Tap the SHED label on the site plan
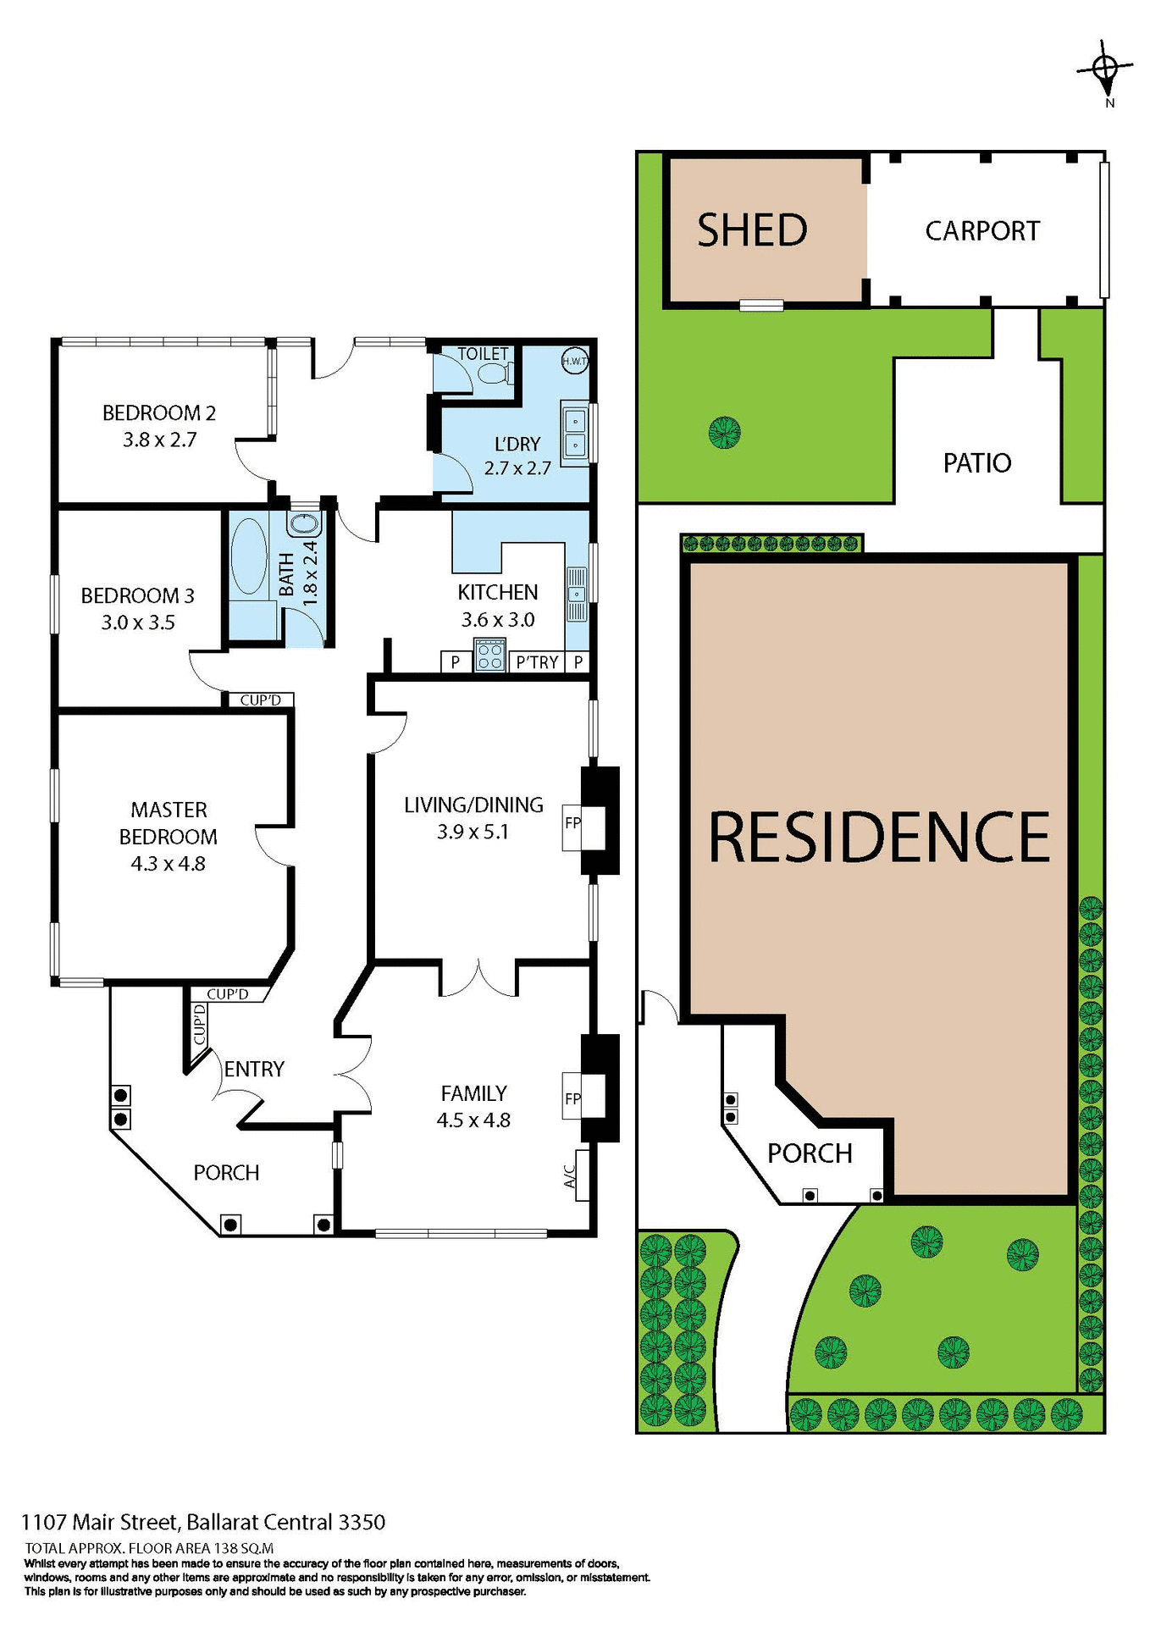point(752,230)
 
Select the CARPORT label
point(981,231)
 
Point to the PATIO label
point(977,463)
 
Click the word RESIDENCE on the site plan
point(878,838)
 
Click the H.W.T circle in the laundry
point(575,362)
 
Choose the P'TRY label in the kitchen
point(537,662)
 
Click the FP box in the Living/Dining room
point(573,822)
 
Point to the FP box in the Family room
point(573,1098)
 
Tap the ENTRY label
point(254,1070)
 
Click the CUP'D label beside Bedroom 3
point(260,700)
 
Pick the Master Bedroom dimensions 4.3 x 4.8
point(168,864)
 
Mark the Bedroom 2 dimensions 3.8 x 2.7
point(159,440)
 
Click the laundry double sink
point(575,432)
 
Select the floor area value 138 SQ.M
point(244,1548)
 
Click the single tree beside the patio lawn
point(725,433)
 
